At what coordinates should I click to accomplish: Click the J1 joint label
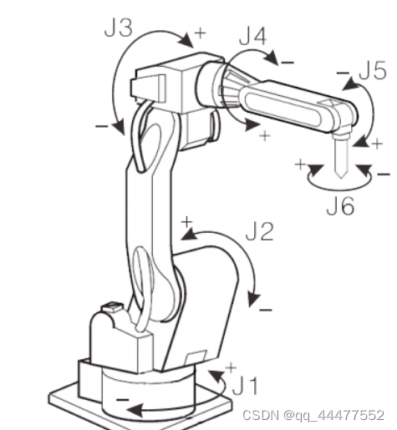[x=246, y=386]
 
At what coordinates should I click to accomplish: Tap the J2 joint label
[x=260, y=231]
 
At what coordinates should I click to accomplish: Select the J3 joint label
[x=118, y=28]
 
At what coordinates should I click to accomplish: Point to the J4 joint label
[x=253, y=36]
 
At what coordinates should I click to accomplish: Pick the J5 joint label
[x=373, y=71]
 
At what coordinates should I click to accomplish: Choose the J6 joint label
[x=340, y=206]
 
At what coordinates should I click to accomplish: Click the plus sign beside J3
[x=201, y=33]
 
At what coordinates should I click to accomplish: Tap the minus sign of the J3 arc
[x=102, y=127]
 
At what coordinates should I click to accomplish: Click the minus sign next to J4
[x=288, y=63]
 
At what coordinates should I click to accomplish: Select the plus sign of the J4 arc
[x=265, y=136]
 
